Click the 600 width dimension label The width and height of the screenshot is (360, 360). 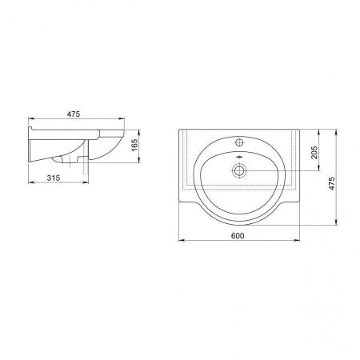[x=238, y=236]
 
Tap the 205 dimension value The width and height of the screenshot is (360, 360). [x=315, y=152]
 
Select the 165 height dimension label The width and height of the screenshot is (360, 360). [x=134, y=146]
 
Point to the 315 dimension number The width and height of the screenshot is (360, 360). [x=54, y=178]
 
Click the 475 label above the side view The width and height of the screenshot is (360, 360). [x=74, y=114]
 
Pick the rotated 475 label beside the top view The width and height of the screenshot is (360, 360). [x=331, y=183]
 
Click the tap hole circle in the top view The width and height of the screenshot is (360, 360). [x=239, y=142]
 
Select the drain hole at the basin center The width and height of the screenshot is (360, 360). [x=239, y=170]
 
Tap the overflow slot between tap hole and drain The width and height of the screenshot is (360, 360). [x=239, y=158]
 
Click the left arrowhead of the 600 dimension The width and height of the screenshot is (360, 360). [x=182, y=240]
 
